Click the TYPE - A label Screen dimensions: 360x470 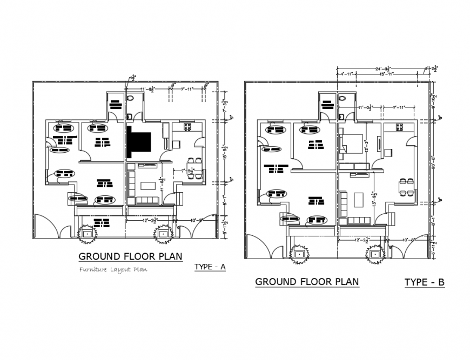pyautogui.click(x=210, y=267)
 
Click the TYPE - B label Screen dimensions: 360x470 pyautogui.click(x=424, y=282)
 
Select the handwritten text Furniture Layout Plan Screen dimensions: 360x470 pyautogui.click(x=113, y=269)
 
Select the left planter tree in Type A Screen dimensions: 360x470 pyautogui.click(x=86, y=234)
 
